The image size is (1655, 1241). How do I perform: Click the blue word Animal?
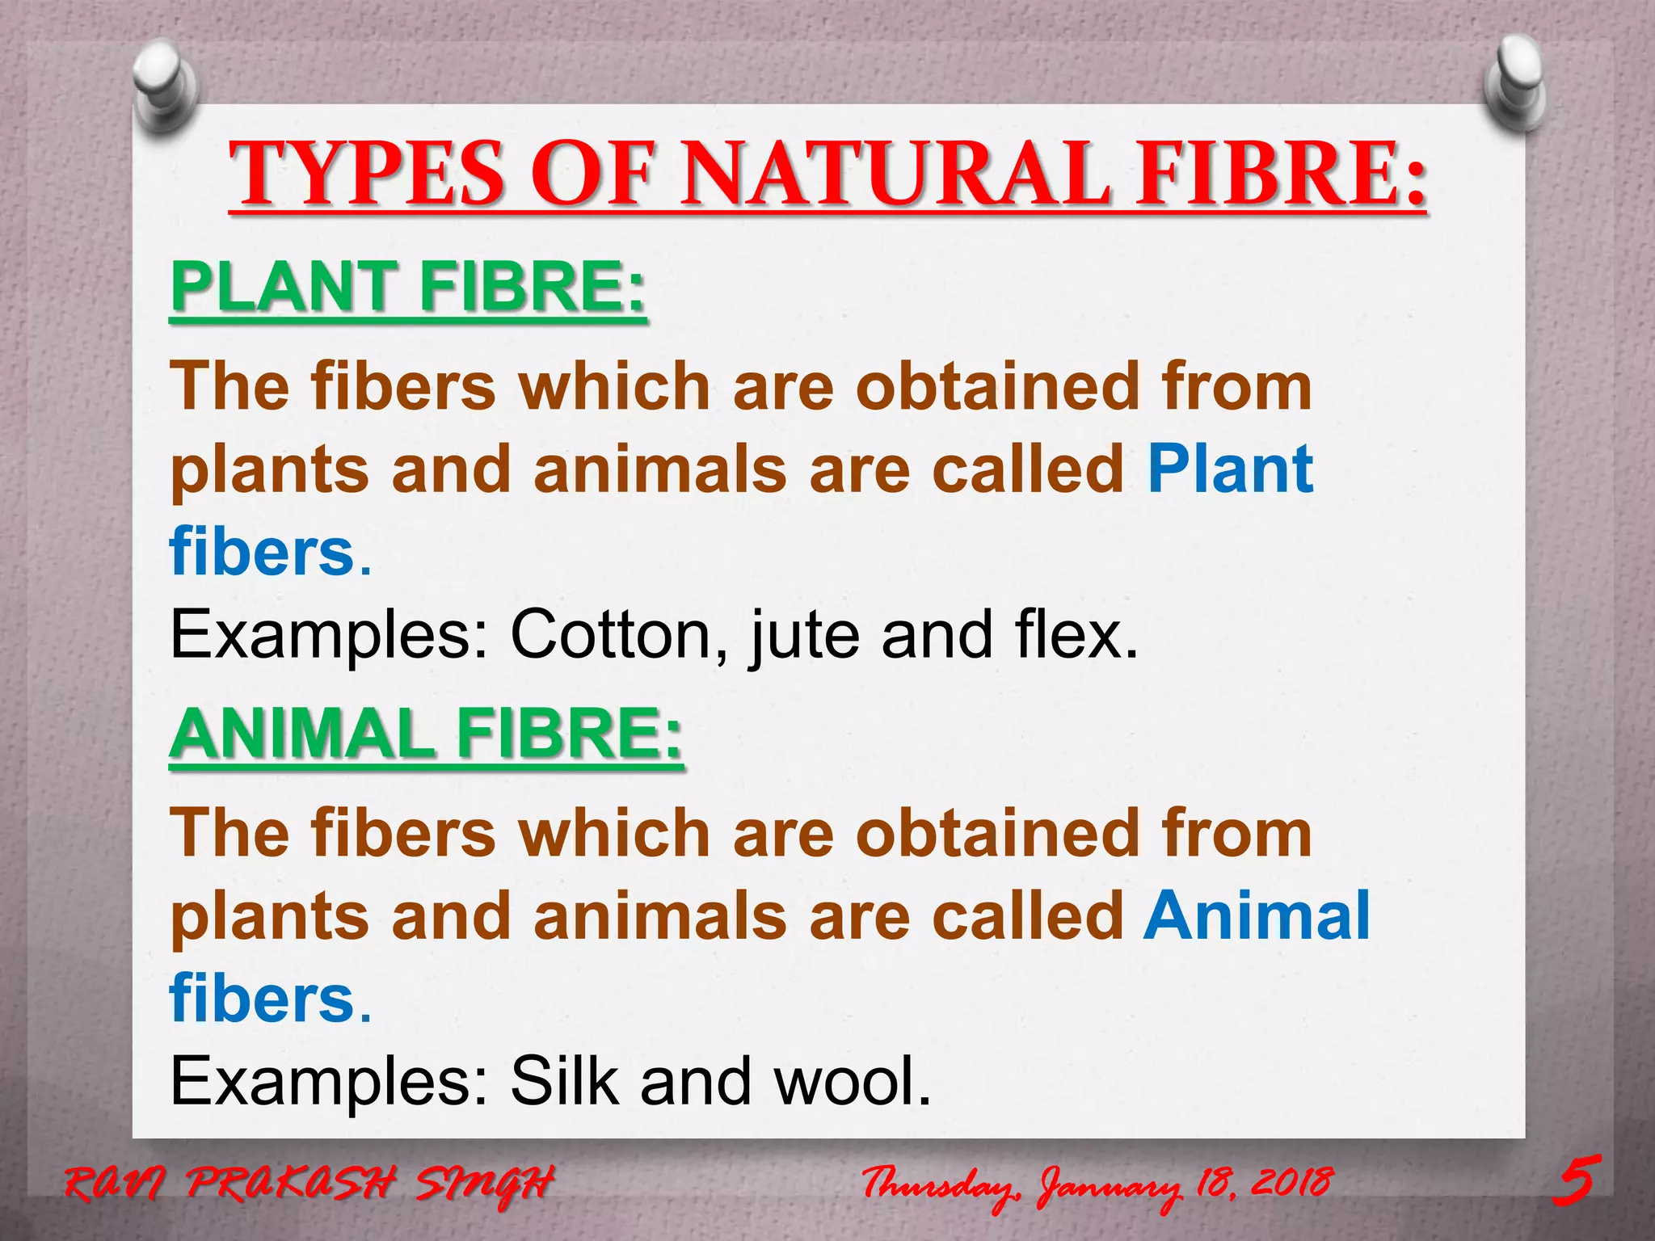1257,915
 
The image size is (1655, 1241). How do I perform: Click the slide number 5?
1576,1181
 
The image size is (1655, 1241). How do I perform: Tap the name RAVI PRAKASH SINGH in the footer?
310,1184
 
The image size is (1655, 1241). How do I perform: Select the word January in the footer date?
1111,1186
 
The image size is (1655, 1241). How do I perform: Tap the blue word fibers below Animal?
263,998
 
